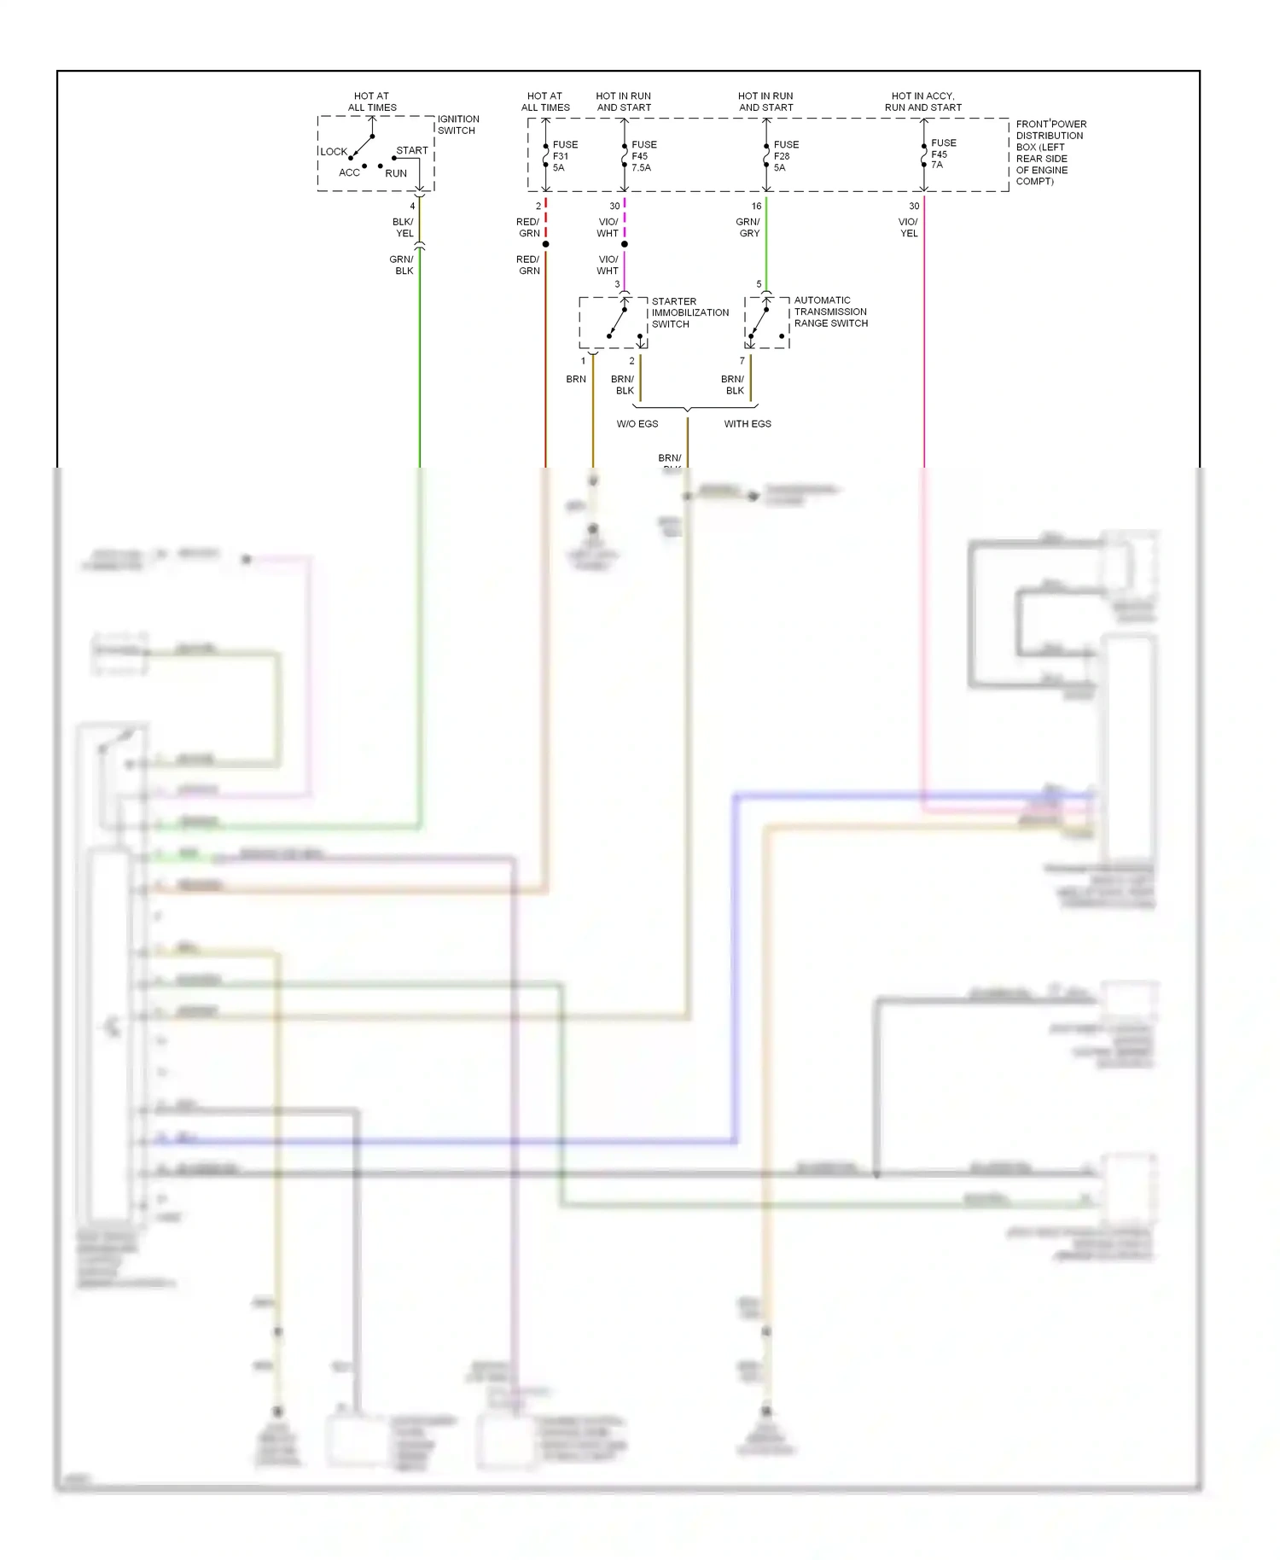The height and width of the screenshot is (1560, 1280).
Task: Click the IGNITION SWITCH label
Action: [x=458, y=125]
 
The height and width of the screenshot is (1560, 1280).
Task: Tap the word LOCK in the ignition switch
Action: [x=334, y=152]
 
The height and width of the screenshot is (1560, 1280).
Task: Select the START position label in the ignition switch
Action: [x=411, y=150]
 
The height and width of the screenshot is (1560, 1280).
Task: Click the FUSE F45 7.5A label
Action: [x=643, y=156]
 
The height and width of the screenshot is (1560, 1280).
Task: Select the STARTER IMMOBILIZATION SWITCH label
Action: [x=689, y=312]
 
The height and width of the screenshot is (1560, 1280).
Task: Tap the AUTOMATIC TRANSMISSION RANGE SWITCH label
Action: [x=829, y=311]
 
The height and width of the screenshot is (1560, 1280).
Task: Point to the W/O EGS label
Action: [x=637, y=424]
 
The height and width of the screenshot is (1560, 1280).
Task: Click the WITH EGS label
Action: [x=748, y=424]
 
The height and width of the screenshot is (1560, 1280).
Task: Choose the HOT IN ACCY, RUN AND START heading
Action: [x=922, y=102]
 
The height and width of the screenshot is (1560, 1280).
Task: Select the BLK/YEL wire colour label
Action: [x=404, y=227]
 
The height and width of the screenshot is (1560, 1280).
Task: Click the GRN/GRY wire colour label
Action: [x=748, y=227]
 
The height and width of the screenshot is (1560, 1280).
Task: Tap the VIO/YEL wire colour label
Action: [x=908, y=227]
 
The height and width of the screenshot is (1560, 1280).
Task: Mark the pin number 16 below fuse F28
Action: [x=756, y=207]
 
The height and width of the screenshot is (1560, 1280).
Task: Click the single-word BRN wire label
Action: [x=576, y=379]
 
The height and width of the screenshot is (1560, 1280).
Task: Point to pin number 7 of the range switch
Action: [x=742, y=361]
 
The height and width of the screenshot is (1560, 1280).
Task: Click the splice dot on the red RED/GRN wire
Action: [x=545, y=244]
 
